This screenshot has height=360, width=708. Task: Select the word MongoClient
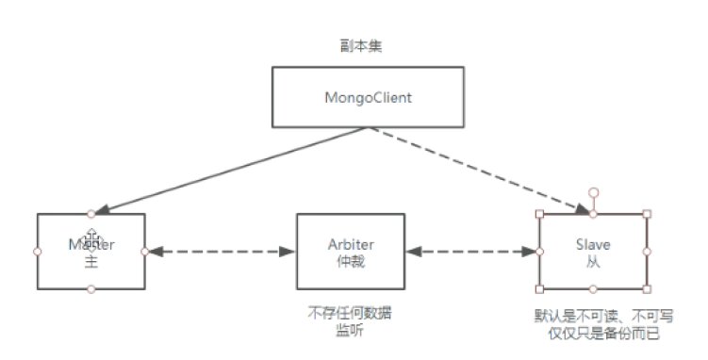pyautogui.click(x=369, y=97)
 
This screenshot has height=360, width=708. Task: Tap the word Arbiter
pyautogui.click(x=350, y=244)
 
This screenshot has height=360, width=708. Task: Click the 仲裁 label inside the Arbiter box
pyautogui.click(x=350, y=259)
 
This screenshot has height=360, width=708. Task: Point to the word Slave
pyautogui.click(x=593, y=244)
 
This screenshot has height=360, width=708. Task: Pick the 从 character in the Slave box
pyautogui.click(x=593, y=259)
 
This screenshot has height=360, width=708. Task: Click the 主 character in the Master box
pyautogui.click(x=91, y=259)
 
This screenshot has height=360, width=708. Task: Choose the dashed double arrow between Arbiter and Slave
pyautogui.click(x=471, y=252)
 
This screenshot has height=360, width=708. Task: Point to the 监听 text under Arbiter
pyautogui.click(x=350, y=330)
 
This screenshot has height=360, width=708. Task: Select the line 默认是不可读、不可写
pyautogui.click(x=603, y=316)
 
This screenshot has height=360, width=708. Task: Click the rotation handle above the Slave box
pyautogui.click(x=593, y=193)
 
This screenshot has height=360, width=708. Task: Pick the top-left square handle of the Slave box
pyautogui.click(x=540, y=214)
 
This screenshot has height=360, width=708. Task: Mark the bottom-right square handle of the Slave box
pyautogui.click(x=647, y=288)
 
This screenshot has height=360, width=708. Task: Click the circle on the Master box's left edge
pyautogui.click(x=38, y=252)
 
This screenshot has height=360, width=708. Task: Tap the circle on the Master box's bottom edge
pyautogui.click(x=91, y=290)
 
